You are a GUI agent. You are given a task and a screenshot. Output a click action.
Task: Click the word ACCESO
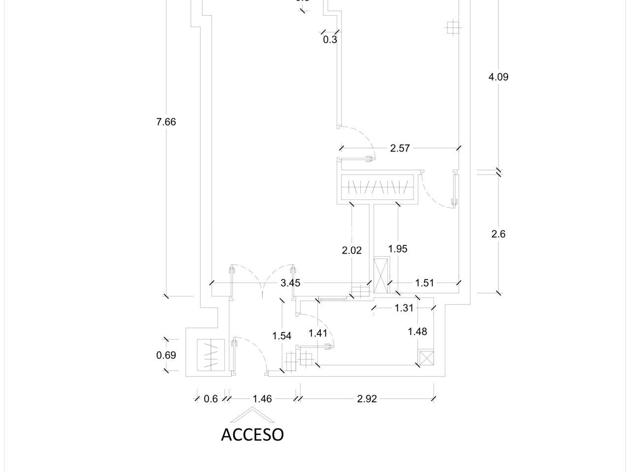(252, 434)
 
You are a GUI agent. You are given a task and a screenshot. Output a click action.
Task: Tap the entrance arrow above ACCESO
(253, 416)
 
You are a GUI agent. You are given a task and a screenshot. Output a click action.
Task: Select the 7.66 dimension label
(166, 122)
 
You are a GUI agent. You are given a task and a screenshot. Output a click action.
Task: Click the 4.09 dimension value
(498, 77)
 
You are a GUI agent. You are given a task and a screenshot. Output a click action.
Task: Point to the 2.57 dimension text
(400, 148)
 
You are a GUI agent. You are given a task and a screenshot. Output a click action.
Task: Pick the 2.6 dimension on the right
(498, 234)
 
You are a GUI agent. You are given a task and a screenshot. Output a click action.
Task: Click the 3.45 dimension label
(290, 283)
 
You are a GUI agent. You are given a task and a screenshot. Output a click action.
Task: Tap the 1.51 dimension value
(424, 283)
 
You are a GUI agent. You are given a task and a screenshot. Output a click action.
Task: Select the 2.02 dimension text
(351, 250)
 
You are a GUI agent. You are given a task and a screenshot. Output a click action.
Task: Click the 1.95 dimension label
(398, 249)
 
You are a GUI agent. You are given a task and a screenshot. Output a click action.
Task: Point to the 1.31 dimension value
(404, 308)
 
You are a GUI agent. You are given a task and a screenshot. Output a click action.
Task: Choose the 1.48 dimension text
(417, 331)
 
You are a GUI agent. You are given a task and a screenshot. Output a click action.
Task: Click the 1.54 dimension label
(282, 336)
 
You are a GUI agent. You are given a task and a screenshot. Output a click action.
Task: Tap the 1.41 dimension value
(318, 333)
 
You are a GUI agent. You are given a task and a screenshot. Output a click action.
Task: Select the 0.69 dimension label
(166, 355)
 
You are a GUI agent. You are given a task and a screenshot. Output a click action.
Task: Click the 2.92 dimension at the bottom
(367, 399)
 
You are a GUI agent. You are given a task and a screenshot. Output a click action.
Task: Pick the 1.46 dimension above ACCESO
(262, 399)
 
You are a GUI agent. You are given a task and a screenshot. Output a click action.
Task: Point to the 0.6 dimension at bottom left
(211, 399)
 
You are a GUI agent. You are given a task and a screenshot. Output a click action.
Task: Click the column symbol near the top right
(452, 28)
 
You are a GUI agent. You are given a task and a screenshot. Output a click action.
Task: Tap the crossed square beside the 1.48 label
(426, 358)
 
